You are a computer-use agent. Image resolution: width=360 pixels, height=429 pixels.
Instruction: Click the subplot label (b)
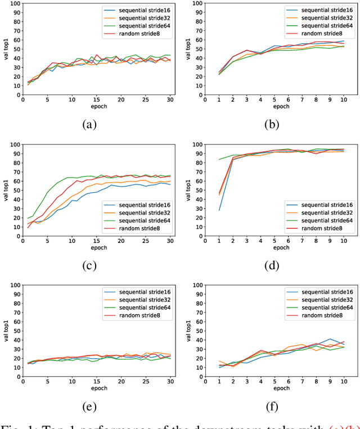click(274, 125)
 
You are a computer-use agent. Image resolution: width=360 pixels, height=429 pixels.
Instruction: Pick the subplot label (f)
click(274, 406)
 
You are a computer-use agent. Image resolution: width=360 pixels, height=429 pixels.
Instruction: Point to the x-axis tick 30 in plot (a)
click(169, 100)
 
